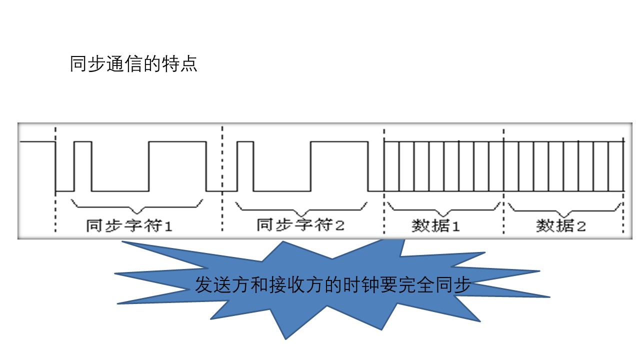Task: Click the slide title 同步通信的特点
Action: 133,64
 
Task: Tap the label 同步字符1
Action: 129,226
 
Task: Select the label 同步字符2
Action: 300,225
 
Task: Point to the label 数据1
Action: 435,226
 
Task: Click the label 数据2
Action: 561,226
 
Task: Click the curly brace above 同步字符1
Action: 137,205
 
